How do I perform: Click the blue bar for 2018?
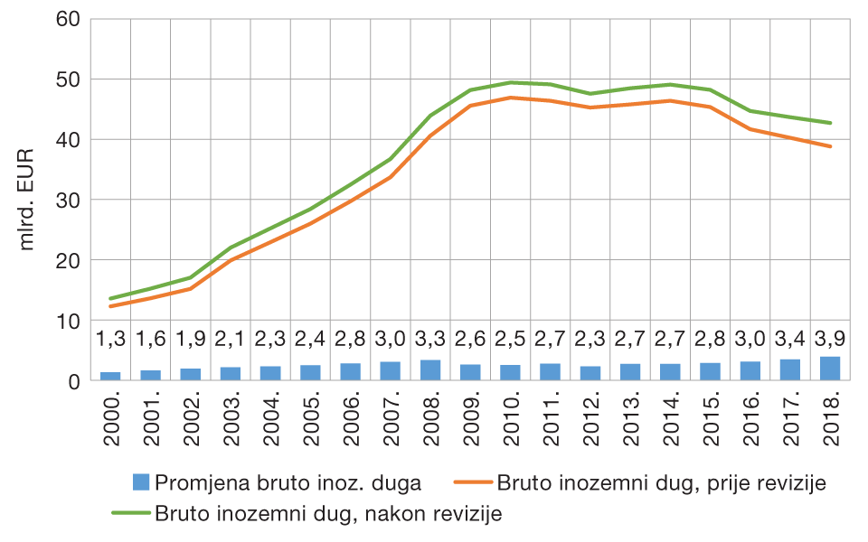pos(830,369)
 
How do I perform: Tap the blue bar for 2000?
pos(110,376)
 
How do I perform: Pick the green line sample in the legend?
pos(131,513)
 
